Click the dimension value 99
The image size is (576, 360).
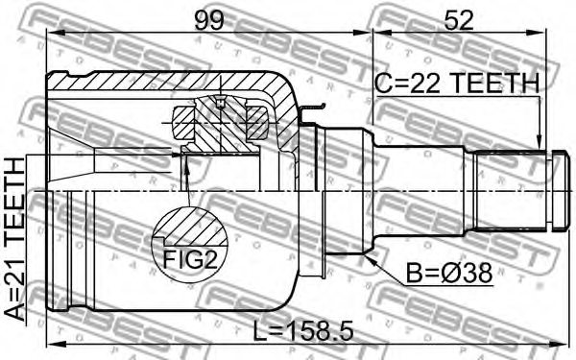click(208, 20)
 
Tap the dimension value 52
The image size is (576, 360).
click(458, 20)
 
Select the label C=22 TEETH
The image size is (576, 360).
click(457, 83)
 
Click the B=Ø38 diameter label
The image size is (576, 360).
click(448, 274)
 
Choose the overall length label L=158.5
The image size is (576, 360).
click(303, 330)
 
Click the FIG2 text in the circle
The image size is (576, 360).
click(190, 259)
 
